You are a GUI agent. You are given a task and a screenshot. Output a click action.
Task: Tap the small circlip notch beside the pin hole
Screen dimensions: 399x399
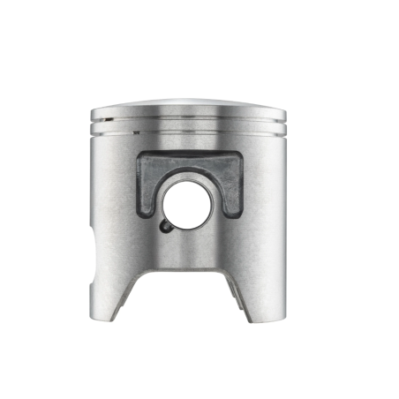[x=167, y=225]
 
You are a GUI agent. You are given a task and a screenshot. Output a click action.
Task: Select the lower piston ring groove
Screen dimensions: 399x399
[x=190, y=131]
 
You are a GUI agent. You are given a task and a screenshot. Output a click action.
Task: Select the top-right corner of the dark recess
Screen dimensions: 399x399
[x=240, y=155]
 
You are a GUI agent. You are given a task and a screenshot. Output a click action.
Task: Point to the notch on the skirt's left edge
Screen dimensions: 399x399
[x=94, y=247]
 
